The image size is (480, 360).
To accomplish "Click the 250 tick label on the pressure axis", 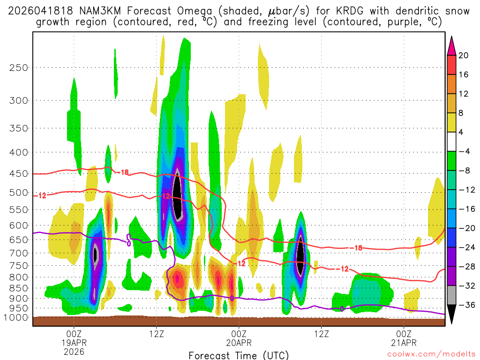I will pos(19,67).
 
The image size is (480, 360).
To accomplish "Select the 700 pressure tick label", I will pos(19,253).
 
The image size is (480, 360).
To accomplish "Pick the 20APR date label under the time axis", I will pos(239,342).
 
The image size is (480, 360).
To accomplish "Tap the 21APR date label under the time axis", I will pos(404,342).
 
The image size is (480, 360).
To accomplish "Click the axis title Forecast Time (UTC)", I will pos(239,355).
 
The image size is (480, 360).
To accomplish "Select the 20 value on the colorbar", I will pos(464,55).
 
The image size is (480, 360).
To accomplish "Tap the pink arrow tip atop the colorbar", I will pos(451,43).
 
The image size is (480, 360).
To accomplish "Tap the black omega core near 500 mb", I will pos(177,195).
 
